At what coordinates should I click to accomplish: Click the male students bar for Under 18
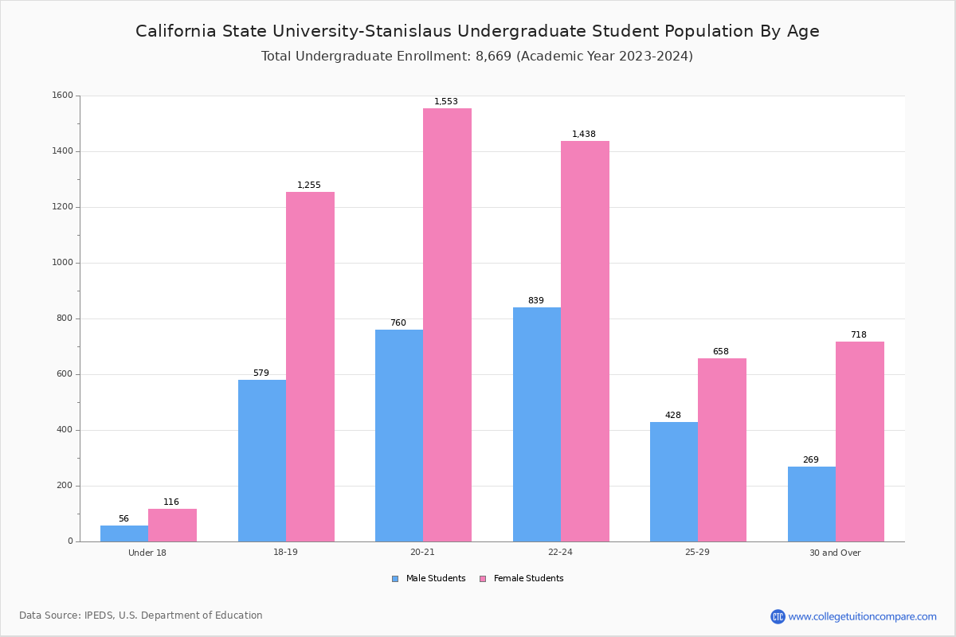coord(124,533)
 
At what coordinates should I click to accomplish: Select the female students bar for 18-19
coord(310,366)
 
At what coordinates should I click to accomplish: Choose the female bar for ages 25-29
coord(722,450)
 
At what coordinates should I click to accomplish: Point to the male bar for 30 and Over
coord(812,504)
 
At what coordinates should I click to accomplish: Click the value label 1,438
coord(584,135)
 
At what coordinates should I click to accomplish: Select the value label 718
coord(858,335)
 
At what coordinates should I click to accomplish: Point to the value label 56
coord(123,519)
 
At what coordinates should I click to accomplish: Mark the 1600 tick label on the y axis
coord(62,96)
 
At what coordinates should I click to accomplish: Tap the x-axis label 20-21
coord(422,553)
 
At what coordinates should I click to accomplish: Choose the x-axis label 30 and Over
coord(835,553)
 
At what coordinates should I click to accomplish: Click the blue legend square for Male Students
coord(395,579)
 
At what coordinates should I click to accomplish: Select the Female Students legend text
coord(528,579)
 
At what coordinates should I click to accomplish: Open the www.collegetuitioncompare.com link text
coord(862,616)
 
